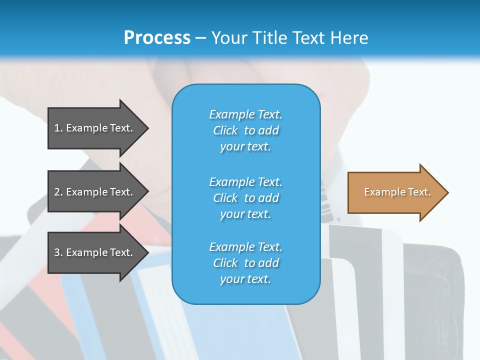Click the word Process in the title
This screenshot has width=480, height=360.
[157, 37]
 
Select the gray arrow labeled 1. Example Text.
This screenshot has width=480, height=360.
[95, 128]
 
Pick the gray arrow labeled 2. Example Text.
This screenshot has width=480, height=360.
[95, 192]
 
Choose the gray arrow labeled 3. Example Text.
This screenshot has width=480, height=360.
[95, 252]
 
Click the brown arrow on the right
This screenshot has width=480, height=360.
[395, 192]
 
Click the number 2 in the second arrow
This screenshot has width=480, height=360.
[57, 192]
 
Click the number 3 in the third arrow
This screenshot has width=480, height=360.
[57, 252]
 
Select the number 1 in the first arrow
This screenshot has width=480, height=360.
[56, 128]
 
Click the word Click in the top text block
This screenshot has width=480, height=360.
[225, 130]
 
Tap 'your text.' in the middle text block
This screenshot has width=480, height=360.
[245, 214]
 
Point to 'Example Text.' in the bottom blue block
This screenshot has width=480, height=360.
[245, 247]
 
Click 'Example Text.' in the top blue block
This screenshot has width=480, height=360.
[245, 114]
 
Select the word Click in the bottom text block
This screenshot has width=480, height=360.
[225, 263]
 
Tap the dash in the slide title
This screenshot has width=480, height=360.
[200, 38]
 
